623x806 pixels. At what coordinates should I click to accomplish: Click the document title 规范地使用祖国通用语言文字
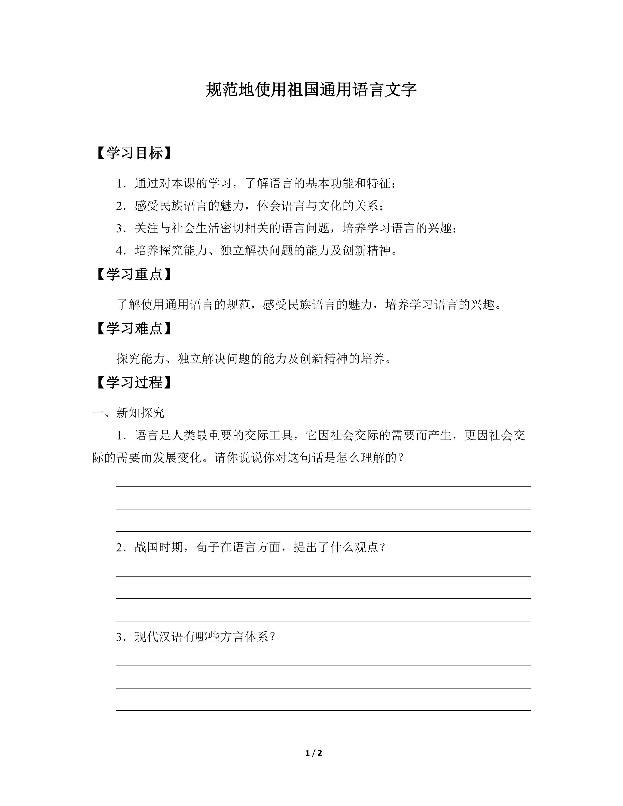pos(311,90)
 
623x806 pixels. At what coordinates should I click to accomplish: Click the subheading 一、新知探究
pos(128,413)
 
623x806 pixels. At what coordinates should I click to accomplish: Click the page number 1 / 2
pos(314,753)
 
